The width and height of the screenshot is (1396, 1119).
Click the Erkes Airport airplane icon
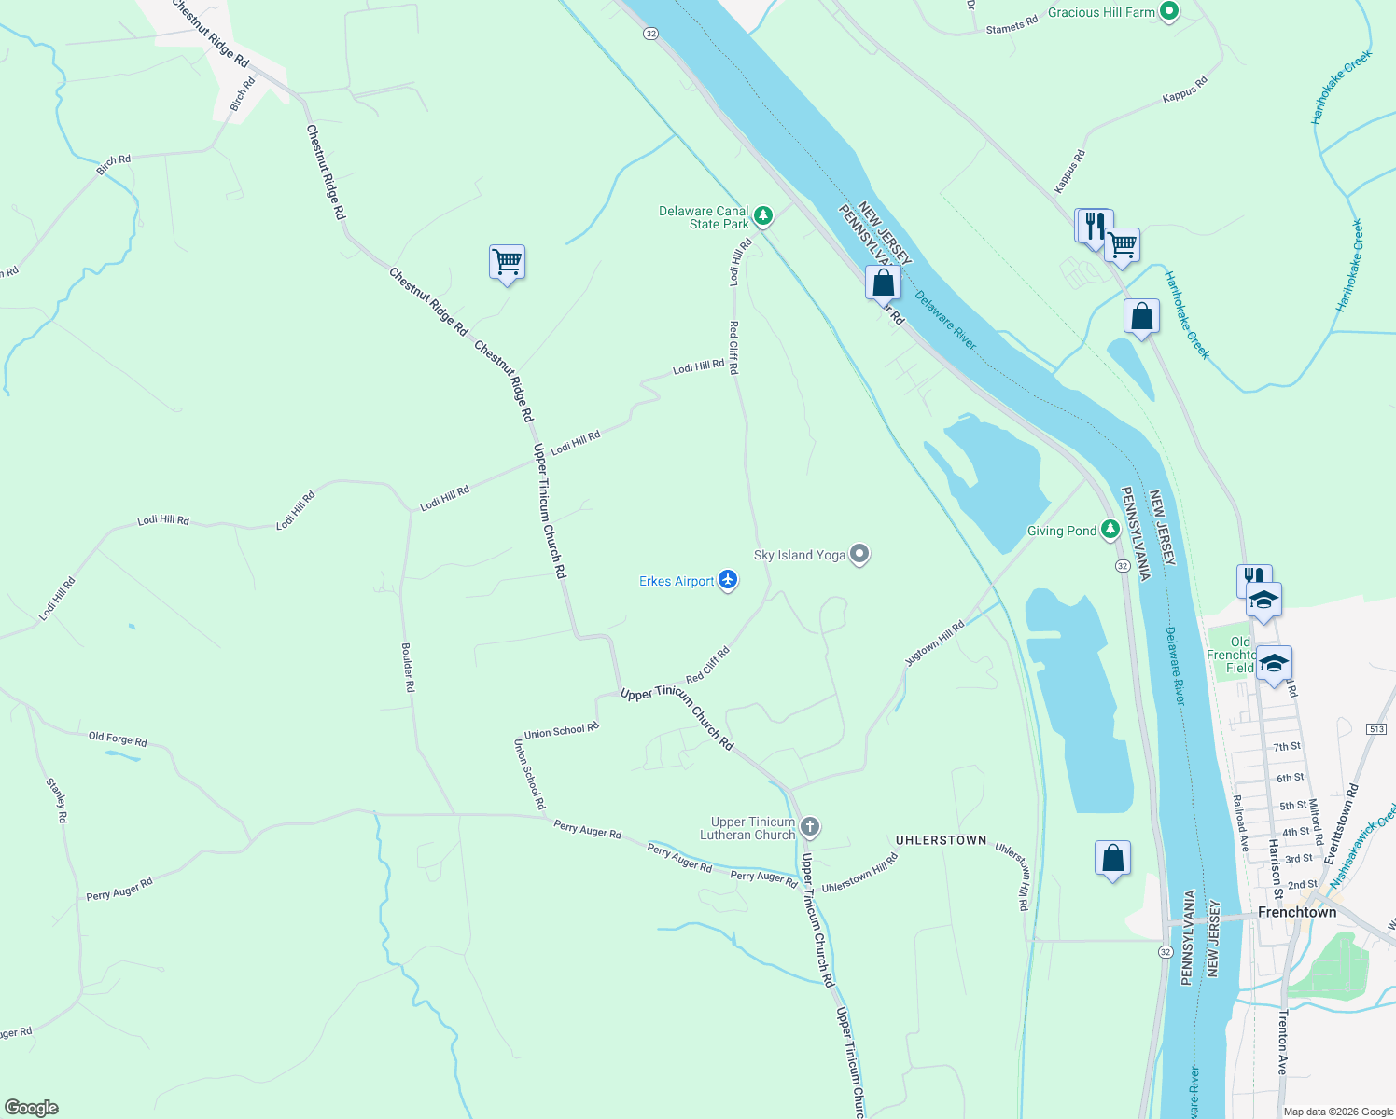728,581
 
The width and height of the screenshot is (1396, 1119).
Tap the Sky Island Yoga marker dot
859,555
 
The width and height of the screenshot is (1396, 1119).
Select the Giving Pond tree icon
1110,531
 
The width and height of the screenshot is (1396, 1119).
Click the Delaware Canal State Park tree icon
763,216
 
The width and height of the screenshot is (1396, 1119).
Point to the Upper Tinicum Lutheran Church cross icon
810,826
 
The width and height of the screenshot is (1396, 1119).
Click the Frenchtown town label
1297,912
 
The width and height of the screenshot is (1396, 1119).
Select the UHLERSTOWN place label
941,840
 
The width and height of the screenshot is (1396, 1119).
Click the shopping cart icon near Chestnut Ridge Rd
507,262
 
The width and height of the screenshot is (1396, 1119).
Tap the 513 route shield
1377,728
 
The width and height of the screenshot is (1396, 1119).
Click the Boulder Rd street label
408,667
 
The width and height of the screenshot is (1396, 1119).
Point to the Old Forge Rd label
118,739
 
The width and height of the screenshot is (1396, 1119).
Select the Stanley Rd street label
57,800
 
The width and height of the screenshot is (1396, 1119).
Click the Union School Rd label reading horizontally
561,731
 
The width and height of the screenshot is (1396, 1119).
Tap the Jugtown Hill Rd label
934,643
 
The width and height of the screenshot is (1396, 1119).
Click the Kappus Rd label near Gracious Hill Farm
1184,89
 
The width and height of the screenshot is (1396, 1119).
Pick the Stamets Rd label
1012,25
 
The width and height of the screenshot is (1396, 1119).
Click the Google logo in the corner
31,1108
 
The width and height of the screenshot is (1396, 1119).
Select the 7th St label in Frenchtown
1287,747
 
